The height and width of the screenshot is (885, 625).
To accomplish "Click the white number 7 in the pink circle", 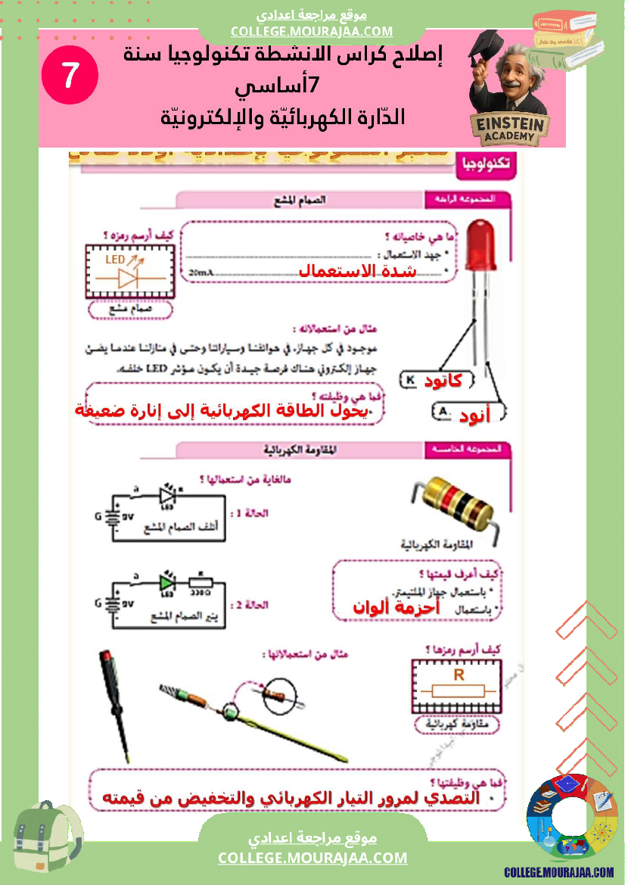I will pos(70,75).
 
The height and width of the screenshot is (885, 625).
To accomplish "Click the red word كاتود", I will pos(443,381).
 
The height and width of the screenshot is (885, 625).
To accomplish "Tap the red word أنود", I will pos(474,414).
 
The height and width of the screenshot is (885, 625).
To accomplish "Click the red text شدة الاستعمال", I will pos(357,271).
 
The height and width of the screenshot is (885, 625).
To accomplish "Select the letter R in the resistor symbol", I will pos(458,675).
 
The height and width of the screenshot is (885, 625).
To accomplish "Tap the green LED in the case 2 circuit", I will pos(166,582).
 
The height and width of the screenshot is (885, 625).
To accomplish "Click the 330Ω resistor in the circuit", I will pos(201,583).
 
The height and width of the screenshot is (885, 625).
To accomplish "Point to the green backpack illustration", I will pos(48,840).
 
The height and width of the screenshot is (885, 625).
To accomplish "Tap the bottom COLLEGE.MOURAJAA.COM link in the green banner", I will pos(312,858).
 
